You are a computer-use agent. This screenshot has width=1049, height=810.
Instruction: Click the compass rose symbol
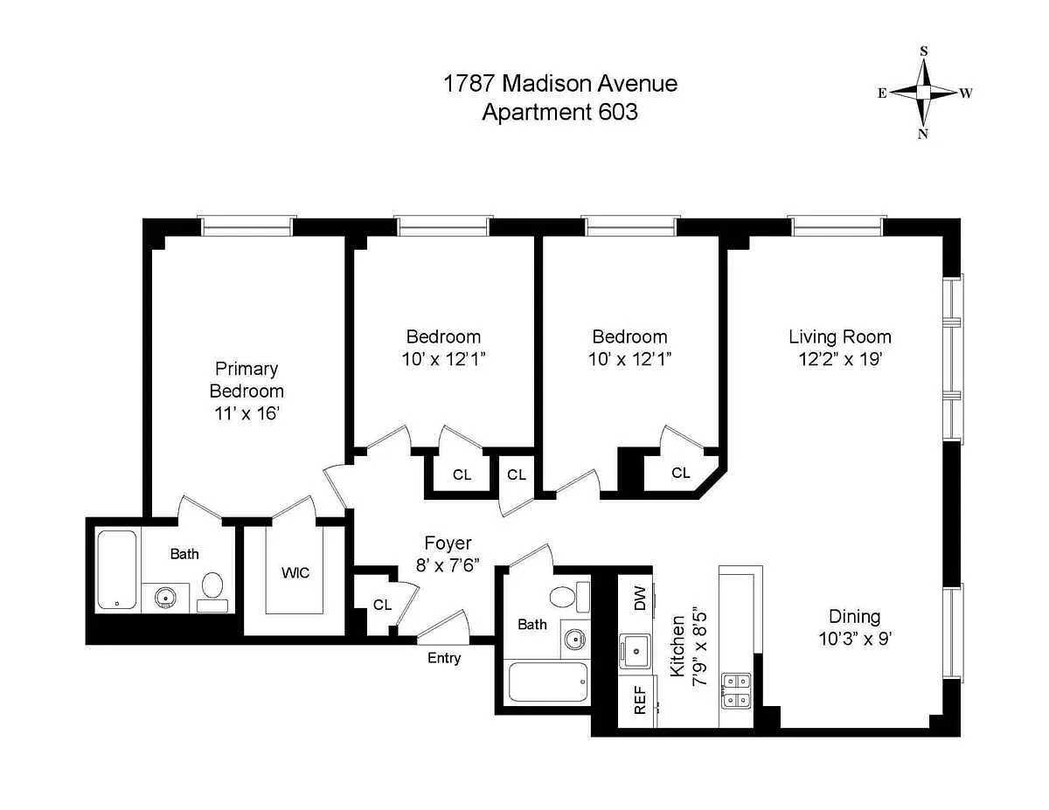(923, 92)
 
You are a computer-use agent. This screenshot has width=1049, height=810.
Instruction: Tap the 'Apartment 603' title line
(560, 112)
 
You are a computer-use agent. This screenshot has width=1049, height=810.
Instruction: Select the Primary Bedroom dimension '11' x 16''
(247, 413)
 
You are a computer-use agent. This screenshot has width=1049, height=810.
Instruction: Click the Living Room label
(840, 336)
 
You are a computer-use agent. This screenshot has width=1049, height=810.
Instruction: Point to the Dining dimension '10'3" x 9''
(854, 639)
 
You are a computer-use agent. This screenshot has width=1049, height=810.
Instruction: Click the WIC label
(295, 573)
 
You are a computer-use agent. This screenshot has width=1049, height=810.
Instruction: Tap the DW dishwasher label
(640, 599)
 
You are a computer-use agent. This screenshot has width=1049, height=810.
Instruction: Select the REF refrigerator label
(640, 700)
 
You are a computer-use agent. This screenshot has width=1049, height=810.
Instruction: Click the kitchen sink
(636, 651)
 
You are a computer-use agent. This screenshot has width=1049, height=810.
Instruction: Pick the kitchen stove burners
(736, 691)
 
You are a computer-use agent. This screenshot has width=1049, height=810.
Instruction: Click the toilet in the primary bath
(212, 592)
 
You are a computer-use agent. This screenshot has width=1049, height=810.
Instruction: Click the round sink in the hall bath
(575, 640)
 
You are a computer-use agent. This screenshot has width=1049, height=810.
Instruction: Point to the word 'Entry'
(444, 658)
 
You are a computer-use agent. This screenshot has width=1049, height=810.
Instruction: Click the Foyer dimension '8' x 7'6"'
(448, 564)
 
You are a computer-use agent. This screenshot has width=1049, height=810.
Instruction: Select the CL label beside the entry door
(382, 605)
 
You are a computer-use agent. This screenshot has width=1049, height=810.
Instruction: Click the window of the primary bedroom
(247, 226)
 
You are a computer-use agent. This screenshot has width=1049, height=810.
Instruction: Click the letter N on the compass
(922, 134)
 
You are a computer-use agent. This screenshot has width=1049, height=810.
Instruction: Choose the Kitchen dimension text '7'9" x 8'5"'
(699, 648)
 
